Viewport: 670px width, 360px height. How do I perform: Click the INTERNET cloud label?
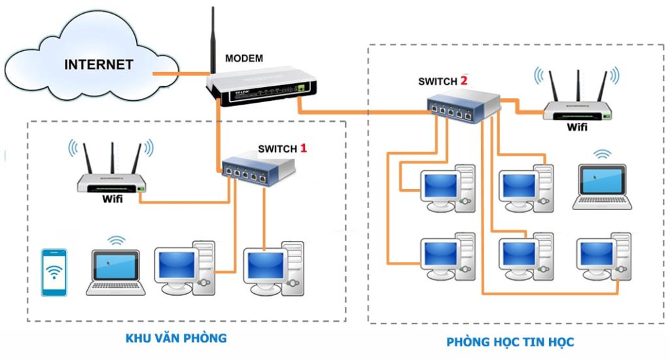(98, 65)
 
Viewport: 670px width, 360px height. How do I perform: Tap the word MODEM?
(244, 59)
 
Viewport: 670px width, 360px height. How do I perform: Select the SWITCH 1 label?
(277, 149)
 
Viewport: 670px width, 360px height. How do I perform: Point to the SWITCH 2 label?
(438, 82)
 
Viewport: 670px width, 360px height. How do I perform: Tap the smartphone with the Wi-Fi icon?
(54, 272)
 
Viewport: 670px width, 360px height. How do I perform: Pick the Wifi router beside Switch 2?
(578, 105)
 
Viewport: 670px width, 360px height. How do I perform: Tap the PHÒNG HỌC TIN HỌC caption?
(510, 342)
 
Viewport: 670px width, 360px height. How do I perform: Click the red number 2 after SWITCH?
(464, 81)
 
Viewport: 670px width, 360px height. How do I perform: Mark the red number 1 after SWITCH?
(303, 148)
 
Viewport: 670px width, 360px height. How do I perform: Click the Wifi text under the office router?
(112, 198)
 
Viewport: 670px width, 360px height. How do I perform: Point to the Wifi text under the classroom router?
(576, 127)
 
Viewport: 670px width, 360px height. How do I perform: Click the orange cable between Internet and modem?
(180, 73)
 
